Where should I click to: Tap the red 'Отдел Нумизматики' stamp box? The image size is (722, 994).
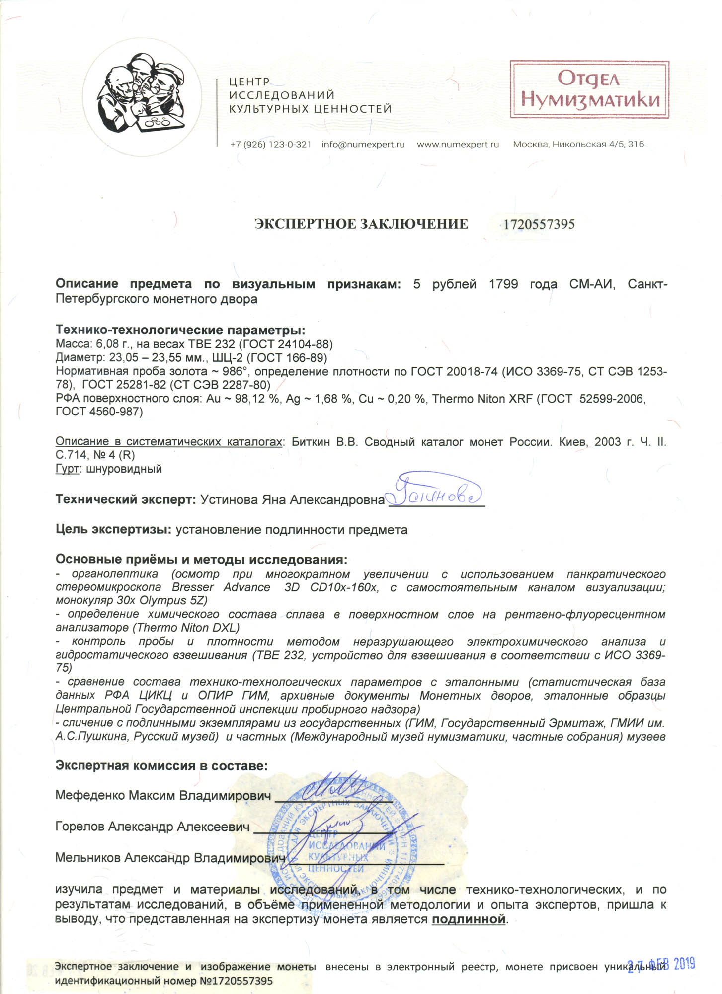(x=589, y=89)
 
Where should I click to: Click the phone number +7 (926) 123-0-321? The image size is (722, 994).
(x=270, y=145)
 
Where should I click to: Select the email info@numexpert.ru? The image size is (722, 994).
(x=363, y=145)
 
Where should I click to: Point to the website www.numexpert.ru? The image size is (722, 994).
(x=458, y=145)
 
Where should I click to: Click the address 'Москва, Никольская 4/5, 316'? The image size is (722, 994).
(x=578, y=145)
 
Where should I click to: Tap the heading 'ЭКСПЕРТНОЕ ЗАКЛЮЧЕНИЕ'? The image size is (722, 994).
(x=361, y=224)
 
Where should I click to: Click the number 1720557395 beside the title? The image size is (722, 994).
(x=539, y=224)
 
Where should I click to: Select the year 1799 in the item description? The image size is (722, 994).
(x=503, y=284)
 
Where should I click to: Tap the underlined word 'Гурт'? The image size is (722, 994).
(x=67, y=469)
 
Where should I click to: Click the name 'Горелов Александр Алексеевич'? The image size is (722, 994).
(x=152, y=827)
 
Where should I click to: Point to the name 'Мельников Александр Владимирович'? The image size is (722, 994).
(x=170, y=858)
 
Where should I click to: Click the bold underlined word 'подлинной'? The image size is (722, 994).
(x=469, y=919)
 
